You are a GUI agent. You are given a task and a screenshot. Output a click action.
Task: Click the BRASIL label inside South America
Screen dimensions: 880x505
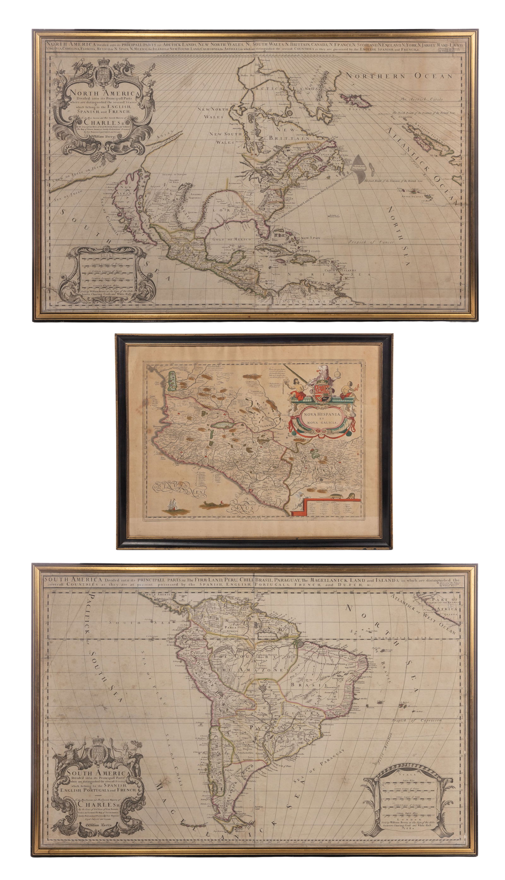pyautogui.click(x=300, y=685)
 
